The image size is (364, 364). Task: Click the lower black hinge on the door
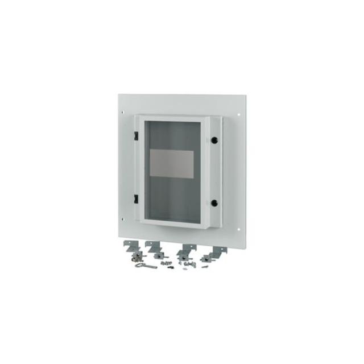coord(136,198)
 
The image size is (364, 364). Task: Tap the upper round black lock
coord(214,139)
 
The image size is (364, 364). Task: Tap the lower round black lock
coord(214,202)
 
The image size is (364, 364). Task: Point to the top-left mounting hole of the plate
coord(122,114)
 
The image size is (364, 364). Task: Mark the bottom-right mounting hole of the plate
coord(238,230)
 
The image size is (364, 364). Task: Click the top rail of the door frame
coord(173,118)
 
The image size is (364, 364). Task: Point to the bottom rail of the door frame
coord(173,223)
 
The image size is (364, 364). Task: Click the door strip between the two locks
coord(214,171)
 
